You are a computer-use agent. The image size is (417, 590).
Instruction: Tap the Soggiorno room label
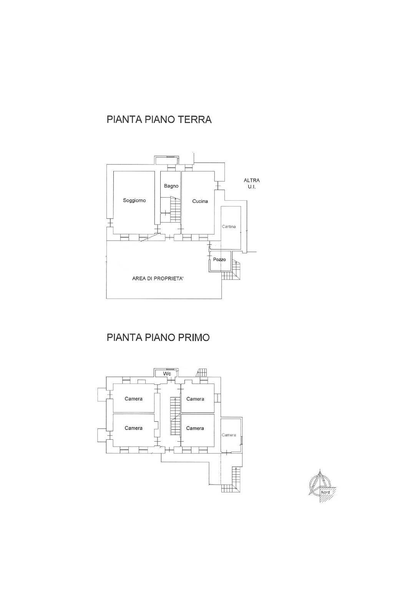click(134, 200)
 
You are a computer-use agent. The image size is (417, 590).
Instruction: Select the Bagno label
click(171, 186)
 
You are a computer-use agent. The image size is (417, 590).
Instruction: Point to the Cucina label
click(200, 201)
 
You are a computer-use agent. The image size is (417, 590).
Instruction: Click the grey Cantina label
click(229, 227)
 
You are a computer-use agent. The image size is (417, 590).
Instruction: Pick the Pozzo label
click(219, 259)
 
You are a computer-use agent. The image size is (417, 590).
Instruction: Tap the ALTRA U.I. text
click(252, 183)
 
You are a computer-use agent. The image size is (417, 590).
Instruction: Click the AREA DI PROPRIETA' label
click(158, 279)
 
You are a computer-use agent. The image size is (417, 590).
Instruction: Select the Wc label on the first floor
click(167, 374)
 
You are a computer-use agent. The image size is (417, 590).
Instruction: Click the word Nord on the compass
click(325, 492)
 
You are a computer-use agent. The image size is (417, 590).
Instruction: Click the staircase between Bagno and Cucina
click(175, 209)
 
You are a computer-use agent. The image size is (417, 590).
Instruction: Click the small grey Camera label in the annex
click(229, 435)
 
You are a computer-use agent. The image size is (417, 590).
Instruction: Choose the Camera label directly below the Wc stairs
click(195, 399)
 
